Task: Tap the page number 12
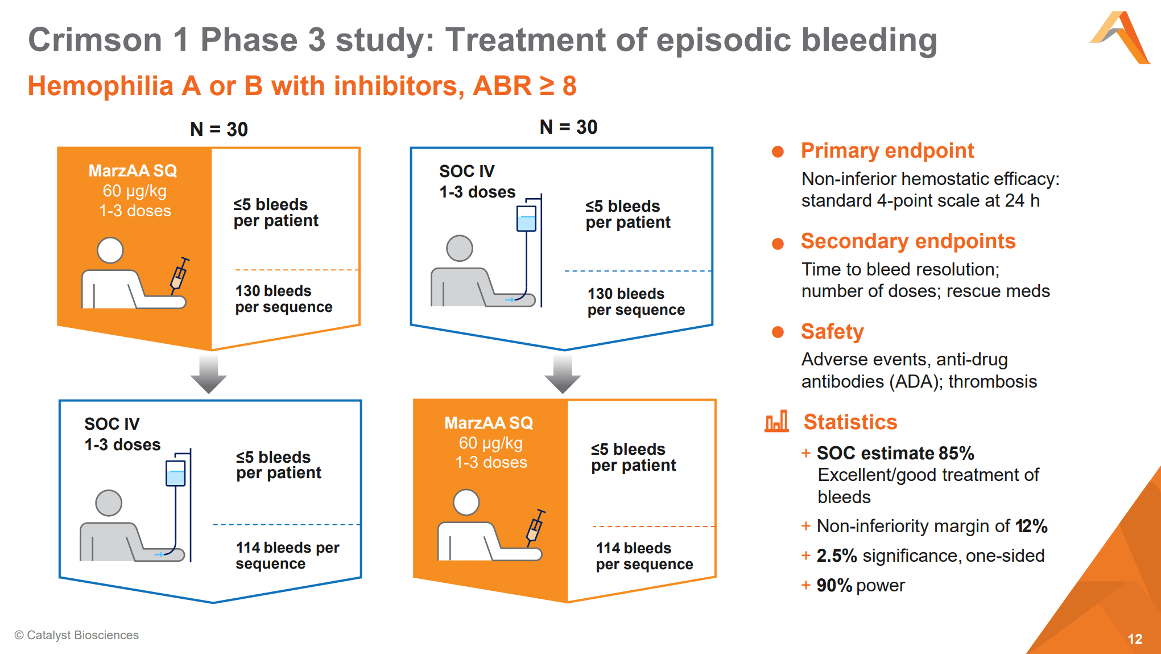click(x=1134, y=639)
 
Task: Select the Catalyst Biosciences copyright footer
click(x=77, y=635)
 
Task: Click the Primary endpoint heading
click(x=887, y=151)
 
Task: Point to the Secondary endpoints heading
click(x=908, y=241)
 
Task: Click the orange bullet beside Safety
click(x=778, y=332)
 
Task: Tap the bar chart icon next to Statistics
click(x=776, y=421)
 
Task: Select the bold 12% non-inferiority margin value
click(x=1031, y=526)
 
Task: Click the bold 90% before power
click(x=834, y=585)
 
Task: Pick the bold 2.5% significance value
click(x=836, y=556)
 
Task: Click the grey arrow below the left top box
click(x=209, y=373)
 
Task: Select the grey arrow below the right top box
click(x=563, y=373)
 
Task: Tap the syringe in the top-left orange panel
click(x=179, y=275)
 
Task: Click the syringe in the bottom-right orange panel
click(x=535, y=527)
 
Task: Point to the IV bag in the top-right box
click(x=526, y=219)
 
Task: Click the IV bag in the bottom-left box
click(x=175, y=473)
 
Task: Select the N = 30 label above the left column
click(x=219, y=129)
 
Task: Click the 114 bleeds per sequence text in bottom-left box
click(x=287, y=556)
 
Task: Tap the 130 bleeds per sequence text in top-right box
click(x=636, y=302)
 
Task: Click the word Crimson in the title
click(x=95, y=40)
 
